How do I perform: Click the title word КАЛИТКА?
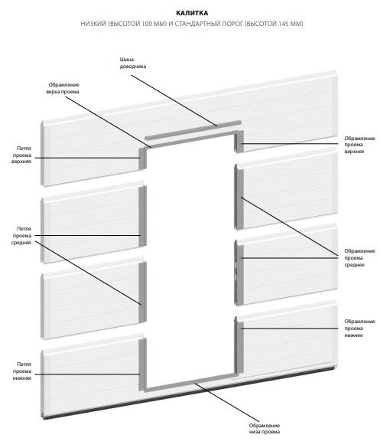192,13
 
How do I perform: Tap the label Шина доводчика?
133,63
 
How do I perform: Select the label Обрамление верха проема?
63,88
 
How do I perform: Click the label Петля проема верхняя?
21,155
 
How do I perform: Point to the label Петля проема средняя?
21,236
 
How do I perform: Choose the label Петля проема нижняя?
21,371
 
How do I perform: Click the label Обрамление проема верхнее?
359,145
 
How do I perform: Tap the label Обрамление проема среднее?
359,258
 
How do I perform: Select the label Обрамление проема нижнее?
359,329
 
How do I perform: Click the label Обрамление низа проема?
265,429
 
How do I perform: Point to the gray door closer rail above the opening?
193,130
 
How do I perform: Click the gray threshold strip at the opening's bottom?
190,381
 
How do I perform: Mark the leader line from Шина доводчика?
174,100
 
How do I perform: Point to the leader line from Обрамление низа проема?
227,402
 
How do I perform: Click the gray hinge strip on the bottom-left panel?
143,365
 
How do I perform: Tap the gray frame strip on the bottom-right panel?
239,348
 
